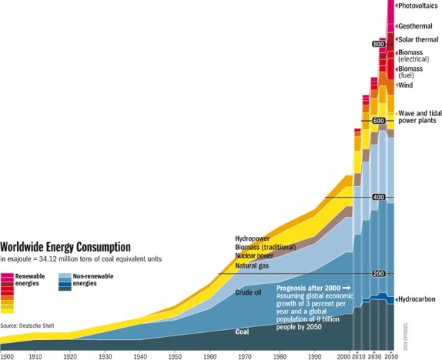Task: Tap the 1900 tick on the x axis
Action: point(8,356)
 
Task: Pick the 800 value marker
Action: point(379,44)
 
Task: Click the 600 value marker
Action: point(379,121)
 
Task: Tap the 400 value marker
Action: point(379,197)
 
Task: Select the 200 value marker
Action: point(379,274)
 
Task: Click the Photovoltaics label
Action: point(418,7)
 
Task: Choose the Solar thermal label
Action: point(418,39)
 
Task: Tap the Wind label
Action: point(406,85)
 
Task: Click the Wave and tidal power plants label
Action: point(417,117)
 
